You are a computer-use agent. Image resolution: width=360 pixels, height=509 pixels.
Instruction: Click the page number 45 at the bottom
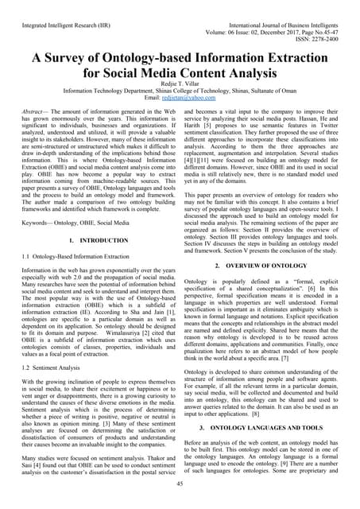coord(180,484)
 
